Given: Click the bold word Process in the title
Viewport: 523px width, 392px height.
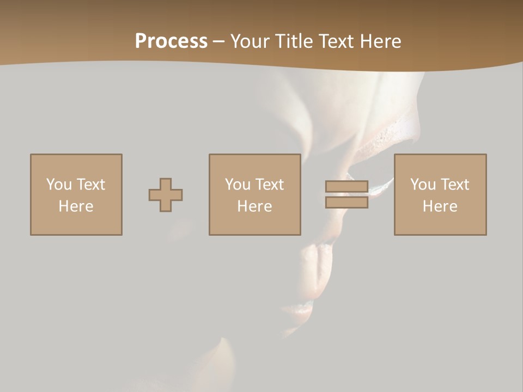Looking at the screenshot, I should [x=171, y=41].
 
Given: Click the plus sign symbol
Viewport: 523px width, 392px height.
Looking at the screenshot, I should [x=166, y=195].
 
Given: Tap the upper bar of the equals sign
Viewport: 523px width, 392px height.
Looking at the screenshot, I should [x=346, y=187].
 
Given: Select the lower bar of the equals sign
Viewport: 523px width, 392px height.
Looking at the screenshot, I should [x=346, y=202].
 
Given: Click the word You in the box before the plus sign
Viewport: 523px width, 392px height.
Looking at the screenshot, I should [x=58, y=185].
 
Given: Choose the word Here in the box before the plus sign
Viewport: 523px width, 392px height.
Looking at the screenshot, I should [x=76, y=206].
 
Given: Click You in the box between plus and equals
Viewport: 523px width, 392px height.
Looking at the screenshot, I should [x=237, y=185].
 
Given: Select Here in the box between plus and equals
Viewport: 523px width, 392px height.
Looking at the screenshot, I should [x=254, y=206].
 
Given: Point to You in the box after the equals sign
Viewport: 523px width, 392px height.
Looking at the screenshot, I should [x=422, y=185].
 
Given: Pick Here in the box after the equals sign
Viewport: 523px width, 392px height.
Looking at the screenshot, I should [x=440, y=206].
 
